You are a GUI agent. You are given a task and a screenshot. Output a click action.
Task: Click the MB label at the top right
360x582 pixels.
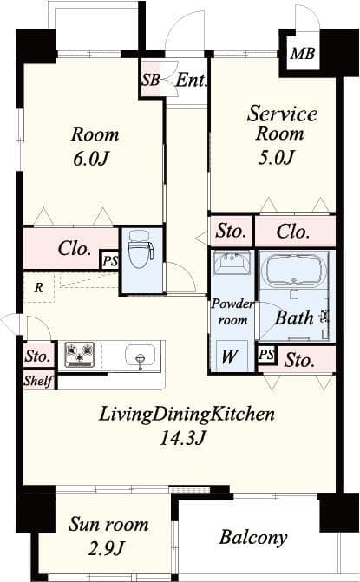point(303,56)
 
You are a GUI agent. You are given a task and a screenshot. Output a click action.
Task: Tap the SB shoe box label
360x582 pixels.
point(150,81)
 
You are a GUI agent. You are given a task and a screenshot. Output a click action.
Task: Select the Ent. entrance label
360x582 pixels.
point(190,81)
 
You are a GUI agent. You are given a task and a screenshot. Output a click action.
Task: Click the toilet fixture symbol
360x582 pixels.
point(141,253)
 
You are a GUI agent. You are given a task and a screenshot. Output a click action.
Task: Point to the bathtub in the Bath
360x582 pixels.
point(294,271)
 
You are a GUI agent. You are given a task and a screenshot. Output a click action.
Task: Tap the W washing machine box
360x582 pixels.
point(231,355)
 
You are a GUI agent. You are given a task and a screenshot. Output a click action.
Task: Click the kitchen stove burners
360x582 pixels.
point(80,355)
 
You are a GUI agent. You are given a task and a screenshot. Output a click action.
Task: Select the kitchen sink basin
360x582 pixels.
point(140,356)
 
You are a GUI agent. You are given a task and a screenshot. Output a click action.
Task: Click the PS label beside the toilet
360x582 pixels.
point(109,260)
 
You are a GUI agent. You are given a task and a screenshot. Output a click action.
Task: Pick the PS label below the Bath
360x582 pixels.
point(267,355)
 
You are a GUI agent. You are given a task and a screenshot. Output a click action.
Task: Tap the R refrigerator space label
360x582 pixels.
point(38,285)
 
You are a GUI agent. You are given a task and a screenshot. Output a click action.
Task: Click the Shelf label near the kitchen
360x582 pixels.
point(39,380)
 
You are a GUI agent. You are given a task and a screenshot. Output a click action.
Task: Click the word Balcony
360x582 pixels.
point(252,538)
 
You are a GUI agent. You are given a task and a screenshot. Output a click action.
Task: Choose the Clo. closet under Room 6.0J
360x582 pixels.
point(75,249)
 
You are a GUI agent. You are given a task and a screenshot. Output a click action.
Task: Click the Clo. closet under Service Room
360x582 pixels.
point(294,232)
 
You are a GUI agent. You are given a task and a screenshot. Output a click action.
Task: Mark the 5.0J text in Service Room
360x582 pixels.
point(276,157)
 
